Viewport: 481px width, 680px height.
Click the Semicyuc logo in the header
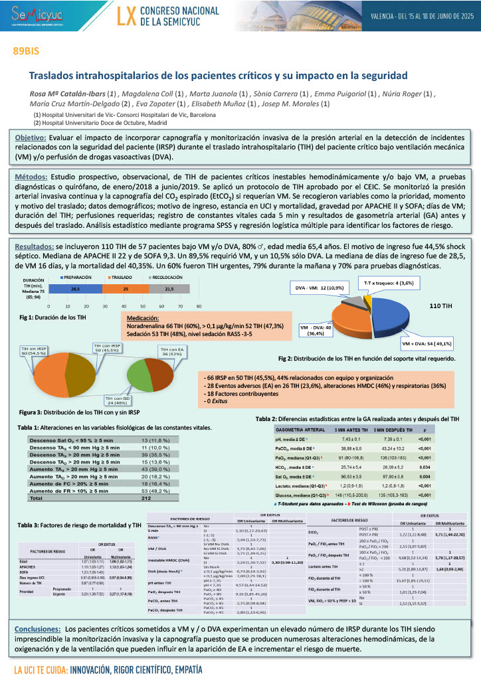click(x=37, y=16)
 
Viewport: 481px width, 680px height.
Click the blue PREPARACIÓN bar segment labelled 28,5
click(x=76, y=290)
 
